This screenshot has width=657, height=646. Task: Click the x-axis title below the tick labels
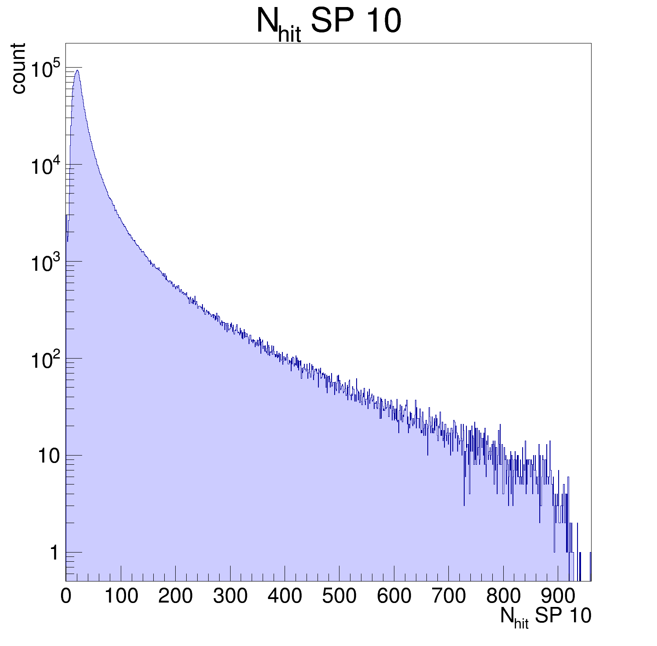545,617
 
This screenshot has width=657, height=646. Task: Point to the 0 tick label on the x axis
66,596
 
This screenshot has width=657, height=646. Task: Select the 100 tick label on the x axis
121,596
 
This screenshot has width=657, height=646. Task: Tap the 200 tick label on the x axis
175,596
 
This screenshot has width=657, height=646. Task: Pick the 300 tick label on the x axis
230,596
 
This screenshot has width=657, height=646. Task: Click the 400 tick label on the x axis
285,596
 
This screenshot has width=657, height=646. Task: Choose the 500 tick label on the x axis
339,596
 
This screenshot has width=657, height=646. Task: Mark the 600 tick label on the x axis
394,596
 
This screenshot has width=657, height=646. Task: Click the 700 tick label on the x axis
449,596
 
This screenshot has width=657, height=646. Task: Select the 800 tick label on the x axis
503,596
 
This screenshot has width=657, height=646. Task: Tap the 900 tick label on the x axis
558,596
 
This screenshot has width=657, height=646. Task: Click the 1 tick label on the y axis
54,553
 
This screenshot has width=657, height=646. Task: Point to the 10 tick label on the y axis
48,456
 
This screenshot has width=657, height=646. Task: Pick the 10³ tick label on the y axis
45,264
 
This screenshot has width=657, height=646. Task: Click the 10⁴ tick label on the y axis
45,167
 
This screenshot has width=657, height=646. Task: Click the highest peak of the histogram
77,70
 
